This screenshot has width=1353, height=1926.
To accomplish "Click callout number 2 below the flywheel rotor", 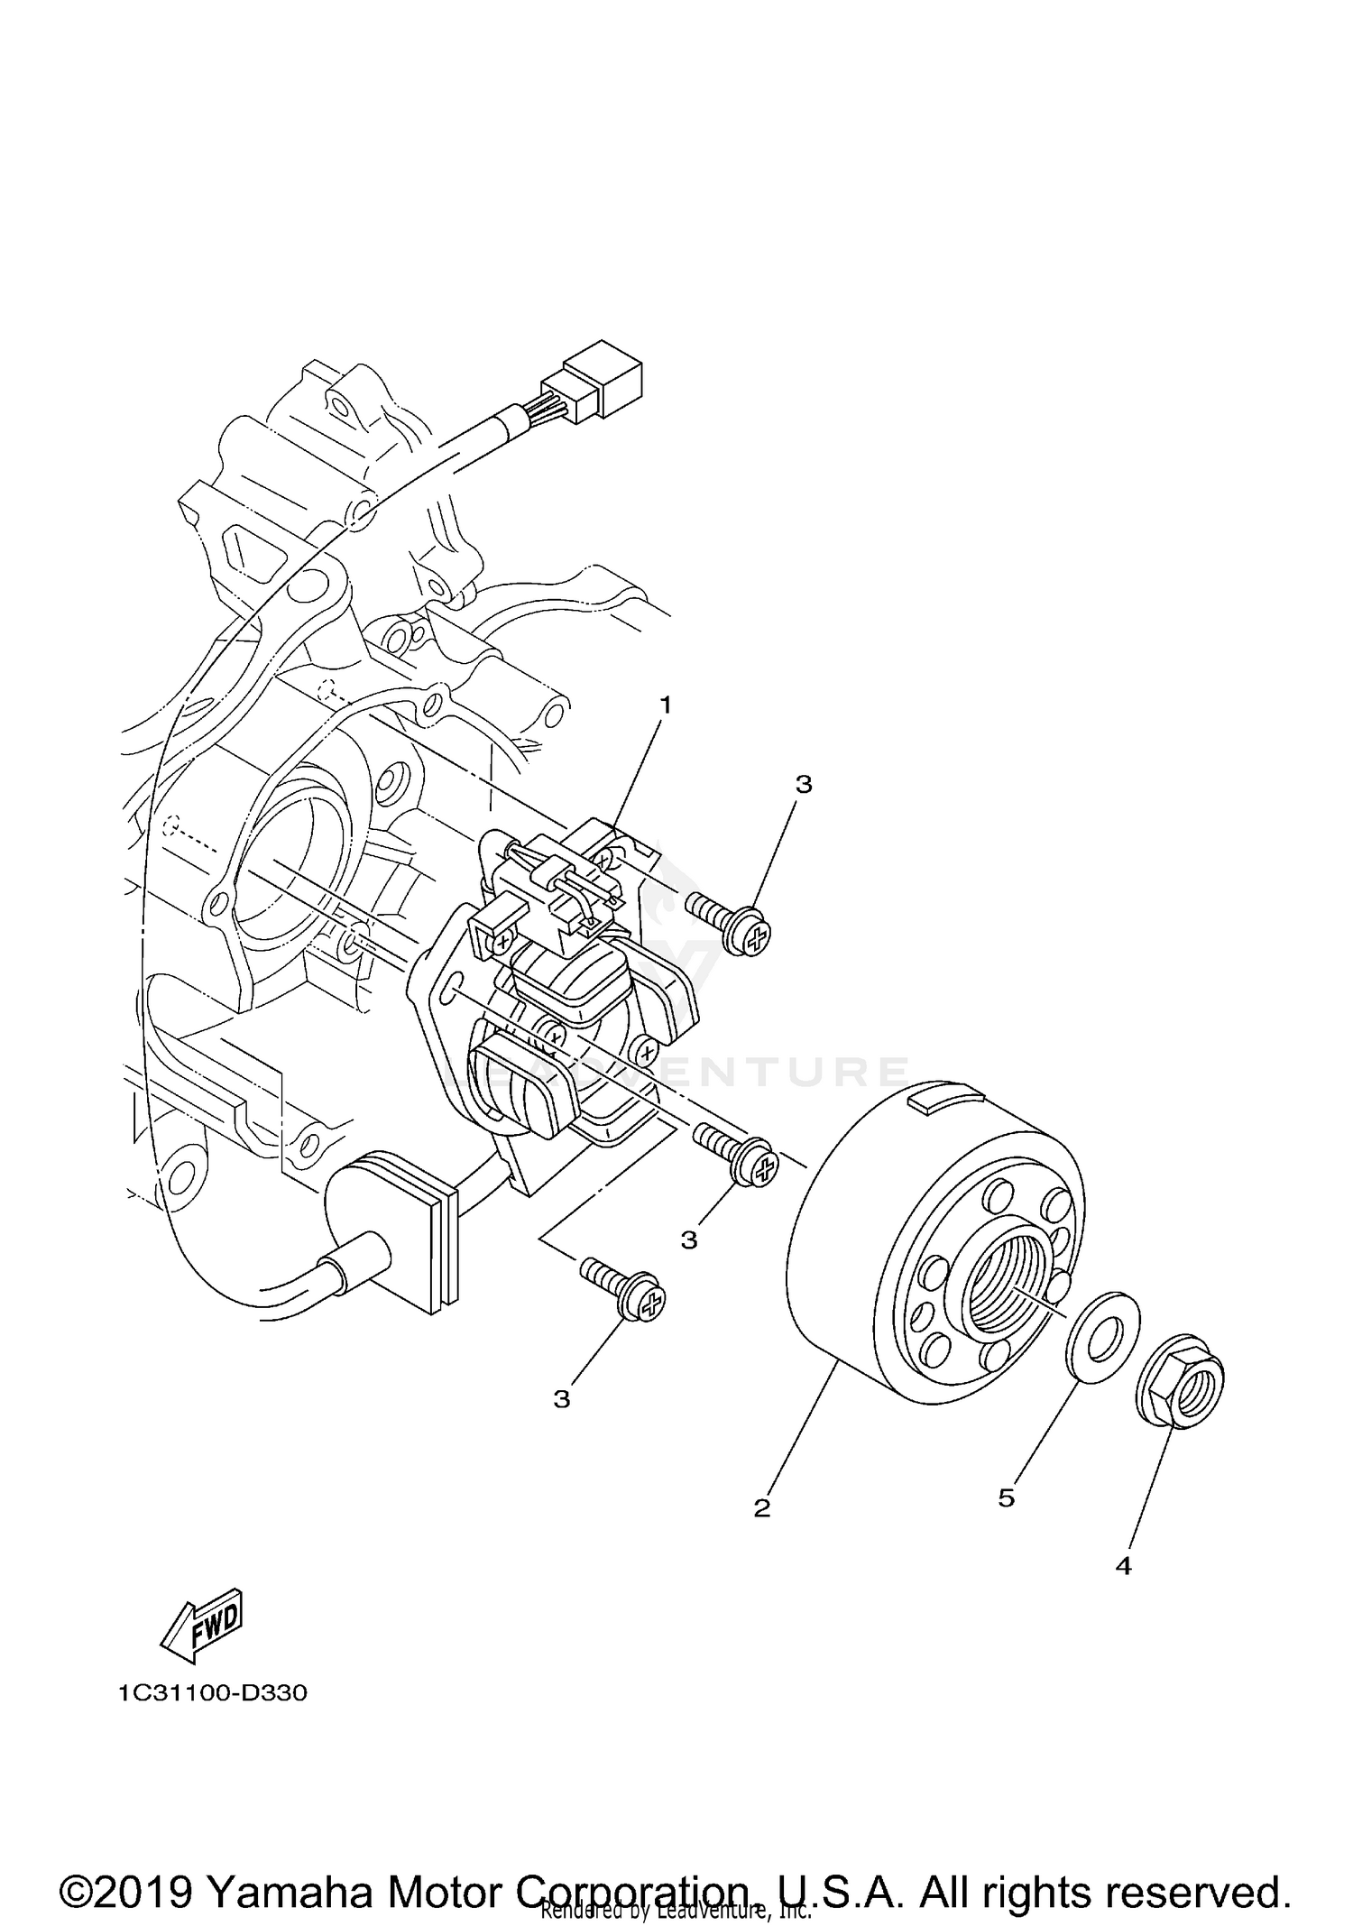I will pos(762,1507).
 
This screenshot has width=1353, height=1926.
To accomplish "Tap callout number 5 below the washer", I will pos(1007,1498).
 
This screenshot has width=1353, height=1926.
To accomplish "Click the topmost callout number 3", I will pos(803,785).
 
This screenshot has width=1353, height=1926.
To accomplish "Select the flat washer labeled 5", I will pos(1103,1322).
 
